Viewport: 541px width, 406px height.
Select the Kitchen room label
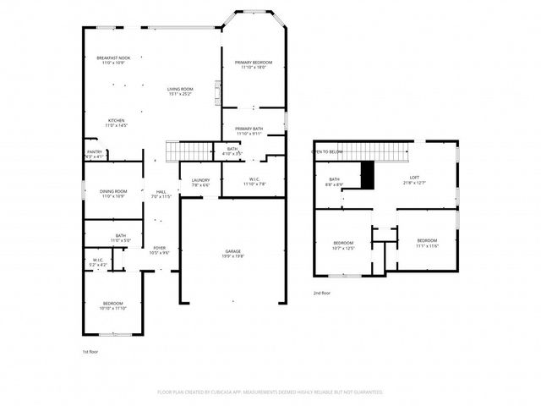click(116, 123)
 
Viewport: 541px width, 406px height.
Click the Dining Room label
click(113, 194)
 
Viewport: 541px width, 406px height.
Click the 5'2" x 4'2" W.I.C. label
click(98, 262)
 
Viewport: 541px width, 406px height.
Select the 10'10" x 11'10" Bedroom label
click(113, 305)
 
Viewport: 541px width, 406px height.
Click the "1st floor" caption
click(90, 351)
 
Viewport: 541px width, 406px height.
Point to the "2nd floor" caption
click(322, 292)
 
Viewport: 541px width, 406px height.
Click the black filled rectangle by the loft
click(367, 175)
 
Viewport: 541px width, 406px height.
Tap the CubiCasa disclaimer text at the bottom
click(270, 392)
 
